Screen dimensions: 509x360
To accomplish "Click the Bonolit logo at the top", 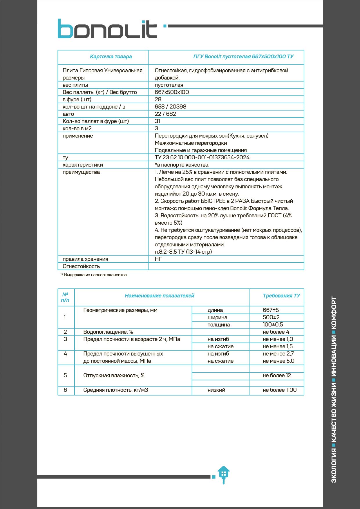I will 107,29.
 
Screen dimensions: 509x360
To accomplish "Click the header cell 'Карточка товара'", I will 111,57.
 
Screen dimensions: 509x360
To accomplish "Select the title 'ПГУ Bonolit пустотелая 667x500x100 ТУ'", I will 243,57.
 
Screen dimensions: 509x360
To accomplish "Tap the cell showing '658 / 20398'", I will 170,107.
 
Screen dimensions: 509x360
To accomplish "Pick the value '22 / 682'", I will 165,114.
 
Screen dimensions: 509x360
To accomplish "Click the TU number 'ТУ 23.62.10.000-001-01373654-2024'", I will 202,157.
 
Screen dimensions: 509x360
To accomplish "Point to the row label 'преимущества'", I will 81,172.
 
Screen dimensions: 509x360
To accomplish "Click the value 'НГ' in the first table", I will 158,259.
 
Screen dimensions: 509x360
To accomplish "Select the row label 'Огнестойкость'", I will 81,266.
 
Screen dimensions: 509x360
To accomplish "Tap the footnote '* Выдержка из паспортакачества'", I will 94,275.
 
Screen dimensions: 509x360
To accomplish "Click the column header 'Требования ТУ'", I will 281,296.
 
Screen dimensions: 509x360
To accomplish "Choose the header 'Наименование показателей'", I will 159,296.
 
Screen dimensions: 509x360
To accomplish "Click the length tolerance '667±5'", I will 271,310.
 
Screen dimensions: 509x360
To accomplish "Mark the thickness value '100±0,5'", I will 273,324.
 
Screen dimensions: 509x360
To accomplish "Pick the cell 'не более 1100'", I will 279,390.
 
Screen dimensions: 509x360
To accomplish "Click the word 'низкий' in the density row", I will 216,390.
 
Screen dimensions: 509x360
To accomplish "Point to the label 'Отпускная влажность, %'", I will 114,376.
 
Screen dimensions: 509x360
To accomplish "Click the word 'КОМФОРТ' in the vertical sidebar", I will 334,314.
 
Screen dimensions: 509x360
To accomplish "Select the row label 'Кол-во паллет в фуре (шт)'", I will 96,121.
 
